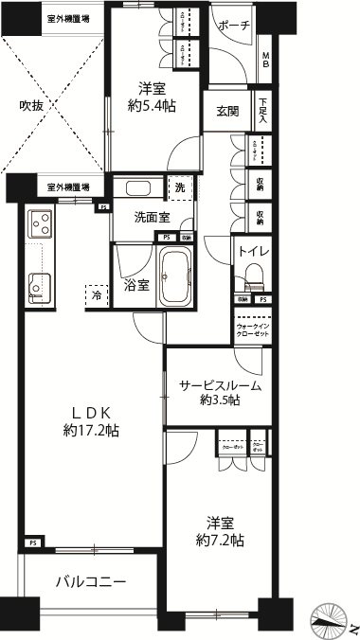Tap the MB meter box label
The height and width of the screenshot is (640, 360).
tap(267, 61)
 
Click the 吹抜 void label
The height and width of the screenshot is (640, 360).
tap(32, 106)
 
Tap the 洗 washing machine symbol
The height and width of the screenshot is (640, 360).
tap(179, 187)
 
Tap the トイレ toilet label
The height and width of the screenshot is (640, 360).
tap(253, 252)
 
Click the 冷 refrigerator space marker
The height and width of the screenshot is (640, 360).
tap(98, 295)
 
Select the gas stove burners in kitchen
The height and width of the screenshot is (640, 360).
tap(41, 223)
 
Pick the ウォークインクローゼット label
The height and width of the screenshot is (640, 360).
tap(253, 333)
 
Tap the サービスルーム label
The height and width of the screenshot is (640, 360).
tap(221, 385)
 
